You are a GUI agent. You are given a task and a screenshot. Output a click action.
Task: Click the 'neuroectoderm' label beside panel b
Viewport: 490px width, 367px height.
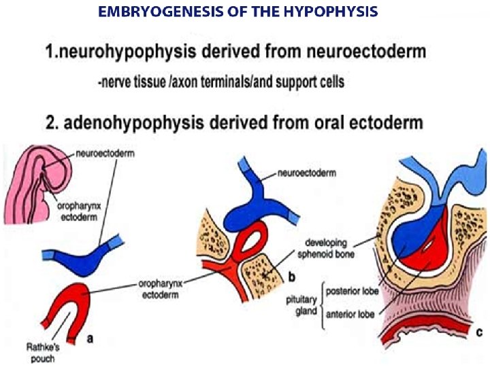308,174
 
